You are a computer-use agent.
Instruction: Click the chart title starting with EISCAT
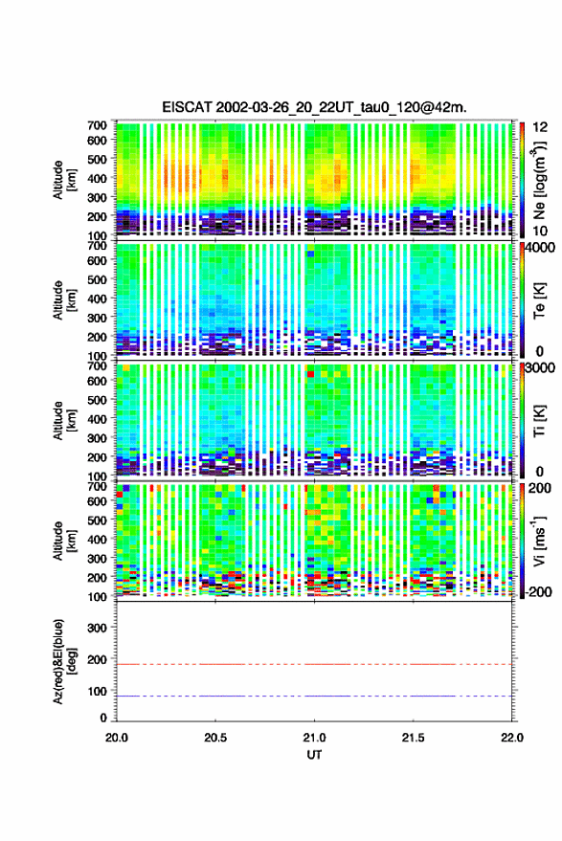coord(314,107)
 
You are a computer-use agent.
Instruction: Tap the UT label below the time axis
coord(314,755)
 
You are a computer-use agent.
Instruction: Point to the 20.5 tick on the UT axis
coord(215,738)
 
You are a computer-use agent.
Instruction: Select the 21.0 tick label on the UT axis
coord(314,738)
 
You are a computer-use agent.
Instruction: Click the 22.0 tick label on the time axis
coord(511,738)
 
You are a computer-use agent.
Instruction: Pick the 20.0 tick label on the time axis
coord(117,738)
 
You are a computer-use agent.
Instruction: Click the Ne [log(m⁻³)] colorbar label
coord(539,180)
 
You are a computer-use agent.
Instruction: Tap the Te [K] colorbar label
coord(539,300)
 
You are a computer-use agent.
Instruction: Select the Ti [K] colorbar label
coord(539,421)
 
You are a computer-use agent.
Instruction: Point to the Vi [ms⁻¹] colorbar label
coord(539,541)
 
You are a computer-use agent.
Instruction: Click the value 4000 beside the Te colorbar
coord(541,249)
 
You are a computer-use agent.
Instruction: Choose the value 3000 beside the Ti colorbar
coord(541,368)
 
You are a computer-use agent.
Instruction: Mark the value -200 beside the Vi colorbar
coord(539,592)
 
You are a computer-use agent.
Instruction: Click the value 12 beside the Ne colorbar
coord(541,127)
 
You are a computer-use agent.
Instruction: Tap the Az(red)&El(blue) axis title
coord(64,661)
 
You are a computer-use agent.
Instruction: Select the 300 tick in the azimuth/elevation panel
coord(97,628)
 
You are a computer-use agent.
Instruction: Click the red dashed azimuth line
coord(314,664)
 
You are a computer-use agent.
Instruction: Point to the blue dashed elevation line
coord(314,696)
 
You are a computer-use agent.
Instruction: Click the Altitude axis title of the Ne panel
coord(64,180)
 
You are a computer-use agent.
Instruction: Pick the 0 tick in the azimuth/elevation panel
coord(103,718)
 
